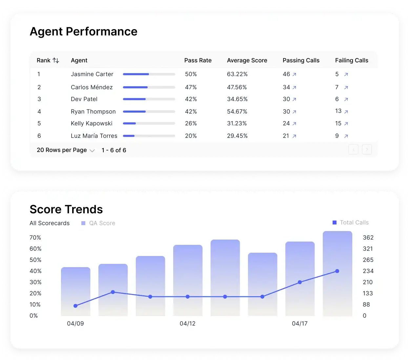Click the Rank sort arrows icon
pyautogui.click(x=56, y=60)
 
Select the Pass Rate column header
pyautogui.click(x=198, y=60)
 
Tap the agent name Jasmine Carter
pyautogui.click(x=92, y=74)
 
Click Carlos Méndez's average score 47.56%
pyautogui.click(x=237, y=87)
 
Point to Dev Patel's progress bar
pyautogui.click(x=149, y=99)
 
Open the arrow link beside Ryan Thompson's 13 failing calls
pyautogui.click(x=346, y=112)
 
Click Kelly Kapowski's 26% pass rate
pyautogui.click(x=191, y=123)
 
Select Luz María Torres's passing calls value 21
pyautogui.click(x=286, y=136)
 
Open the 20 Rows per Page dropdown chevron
pyautogui.click(x=92, y=151)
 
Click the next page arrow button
pyautogui.click(x=367, y=150)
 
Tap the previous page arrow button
pyautogui.click(x=353, y=150)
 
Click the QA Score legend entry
pyautogui.click(x=98, y=223)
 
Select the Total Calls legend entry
pyautogui.click(x=351, y=222)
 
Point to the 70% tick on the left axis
pyautogui.click(x=35, y=238)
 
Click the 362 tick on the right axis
pyautogui.click(x=368, y=238)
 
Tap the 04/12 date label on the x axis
pyautogui.click(x=188, y=324)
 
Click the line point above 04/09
pyautogui.click(x=75, y=306)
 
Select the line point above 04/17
pyautogui.click(x=300, y=282)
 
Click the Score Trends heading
pyautogui.click(x=66, y=209)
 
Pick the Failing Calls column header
pyautogui.click(x=352, y=60)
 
